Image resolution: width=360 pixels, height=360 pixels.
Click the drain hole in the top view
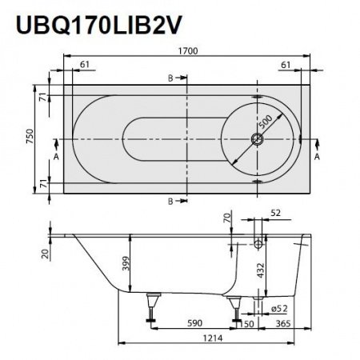[258, 139]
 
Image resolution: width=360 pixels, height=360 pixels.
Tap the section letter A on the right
[318, 158]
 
